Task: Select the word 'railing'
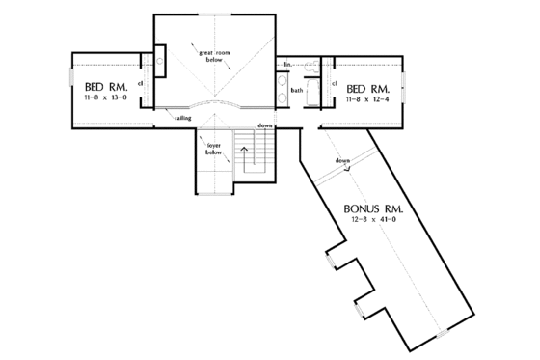click(x=182, y=118)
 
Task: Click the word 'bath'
click(x=298, y=90)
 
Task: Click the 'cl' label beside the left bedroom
click(x=142, y=85)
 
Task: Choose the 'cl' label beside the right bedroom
click(x=334, y=84)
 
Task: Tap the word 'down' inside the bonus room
click(x=342, y=160)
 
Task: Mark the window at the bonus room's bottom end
click(x=443, y=335)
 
